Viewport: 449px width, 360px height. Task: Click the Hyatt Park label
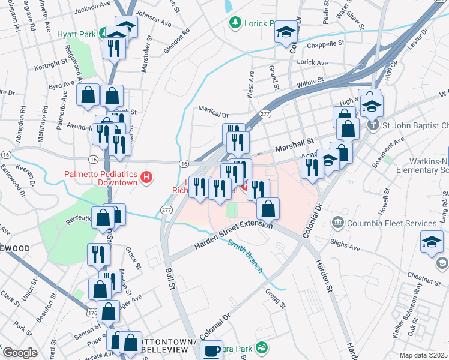tap(76, 34)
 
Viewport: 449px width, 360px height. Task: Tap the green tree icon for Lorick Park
tap(235, 23)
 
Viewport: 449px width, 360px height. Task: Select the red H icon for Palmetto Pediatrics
tap(146, 177)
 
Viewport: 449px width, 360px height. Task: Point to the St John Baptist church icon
tap(373, 125)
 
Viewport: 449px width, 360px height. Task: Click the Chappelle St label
tap(325, 44)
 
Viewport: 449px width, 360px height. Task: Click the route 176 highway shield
tap(92, 313)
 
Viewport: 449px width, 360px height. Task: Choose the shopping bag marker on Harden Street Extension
tap(268, 209)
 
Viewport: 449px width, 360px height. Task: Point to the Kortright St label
tap(51, 62)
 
